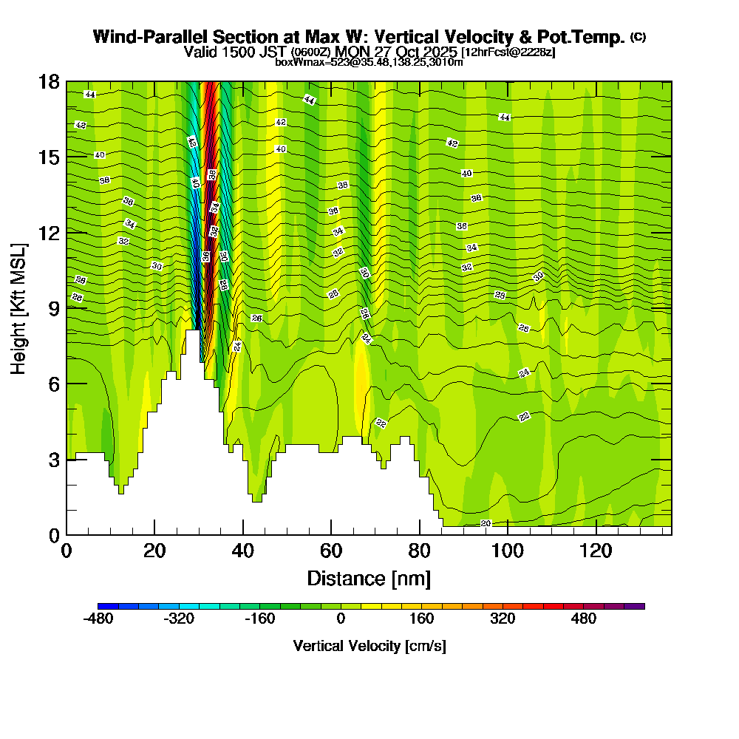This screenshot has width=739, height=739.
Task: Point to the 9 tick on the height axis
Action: pyautogui.click(x=67, y=308)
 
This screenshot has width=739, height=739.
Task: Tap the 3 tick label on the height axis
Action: pyautogui.click(x=53, y=459)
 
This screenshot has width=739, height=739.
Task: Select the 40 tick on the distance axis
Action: pyautogui.click(x=242, y=534)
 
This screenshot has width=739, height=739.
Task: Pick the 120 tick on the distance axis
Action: pyautogui.click(x=596, y=534)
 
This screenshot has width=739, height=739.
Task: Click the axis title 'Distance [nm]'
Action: pyautogui.click(x=369, y=578)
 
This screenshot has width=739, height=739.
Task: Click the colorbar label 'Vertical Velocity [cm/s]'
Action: pyautogui.click(x=369, y=646)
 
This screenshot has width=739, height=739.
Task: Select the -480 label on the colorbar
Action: pyautogui.click(x=98, y=619)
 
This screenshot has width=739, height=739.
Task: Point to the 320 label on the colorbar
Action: pyautogui.click(x=503, y=619)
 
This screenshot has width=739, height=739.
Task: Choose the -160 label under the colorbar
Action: pyautogui.click(x=259, y=619)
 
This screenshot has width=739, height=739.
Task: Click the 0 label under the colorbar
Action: pyautogui.click(x=341, y=619)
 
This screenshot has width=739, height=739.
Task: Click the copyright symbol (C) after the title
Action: pyautogui.click(x=638, y=37)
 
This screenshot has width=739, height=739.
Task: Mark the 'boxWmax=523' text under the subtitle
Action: pyautogui.click(x=303, y=62)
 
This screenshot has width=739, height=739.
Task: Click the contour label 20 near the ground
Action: pyautogui.click(x=486, y=523)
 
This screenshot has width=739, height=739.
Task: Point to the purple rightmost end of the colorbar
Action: pyautogui.click(x=639, y=605)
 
